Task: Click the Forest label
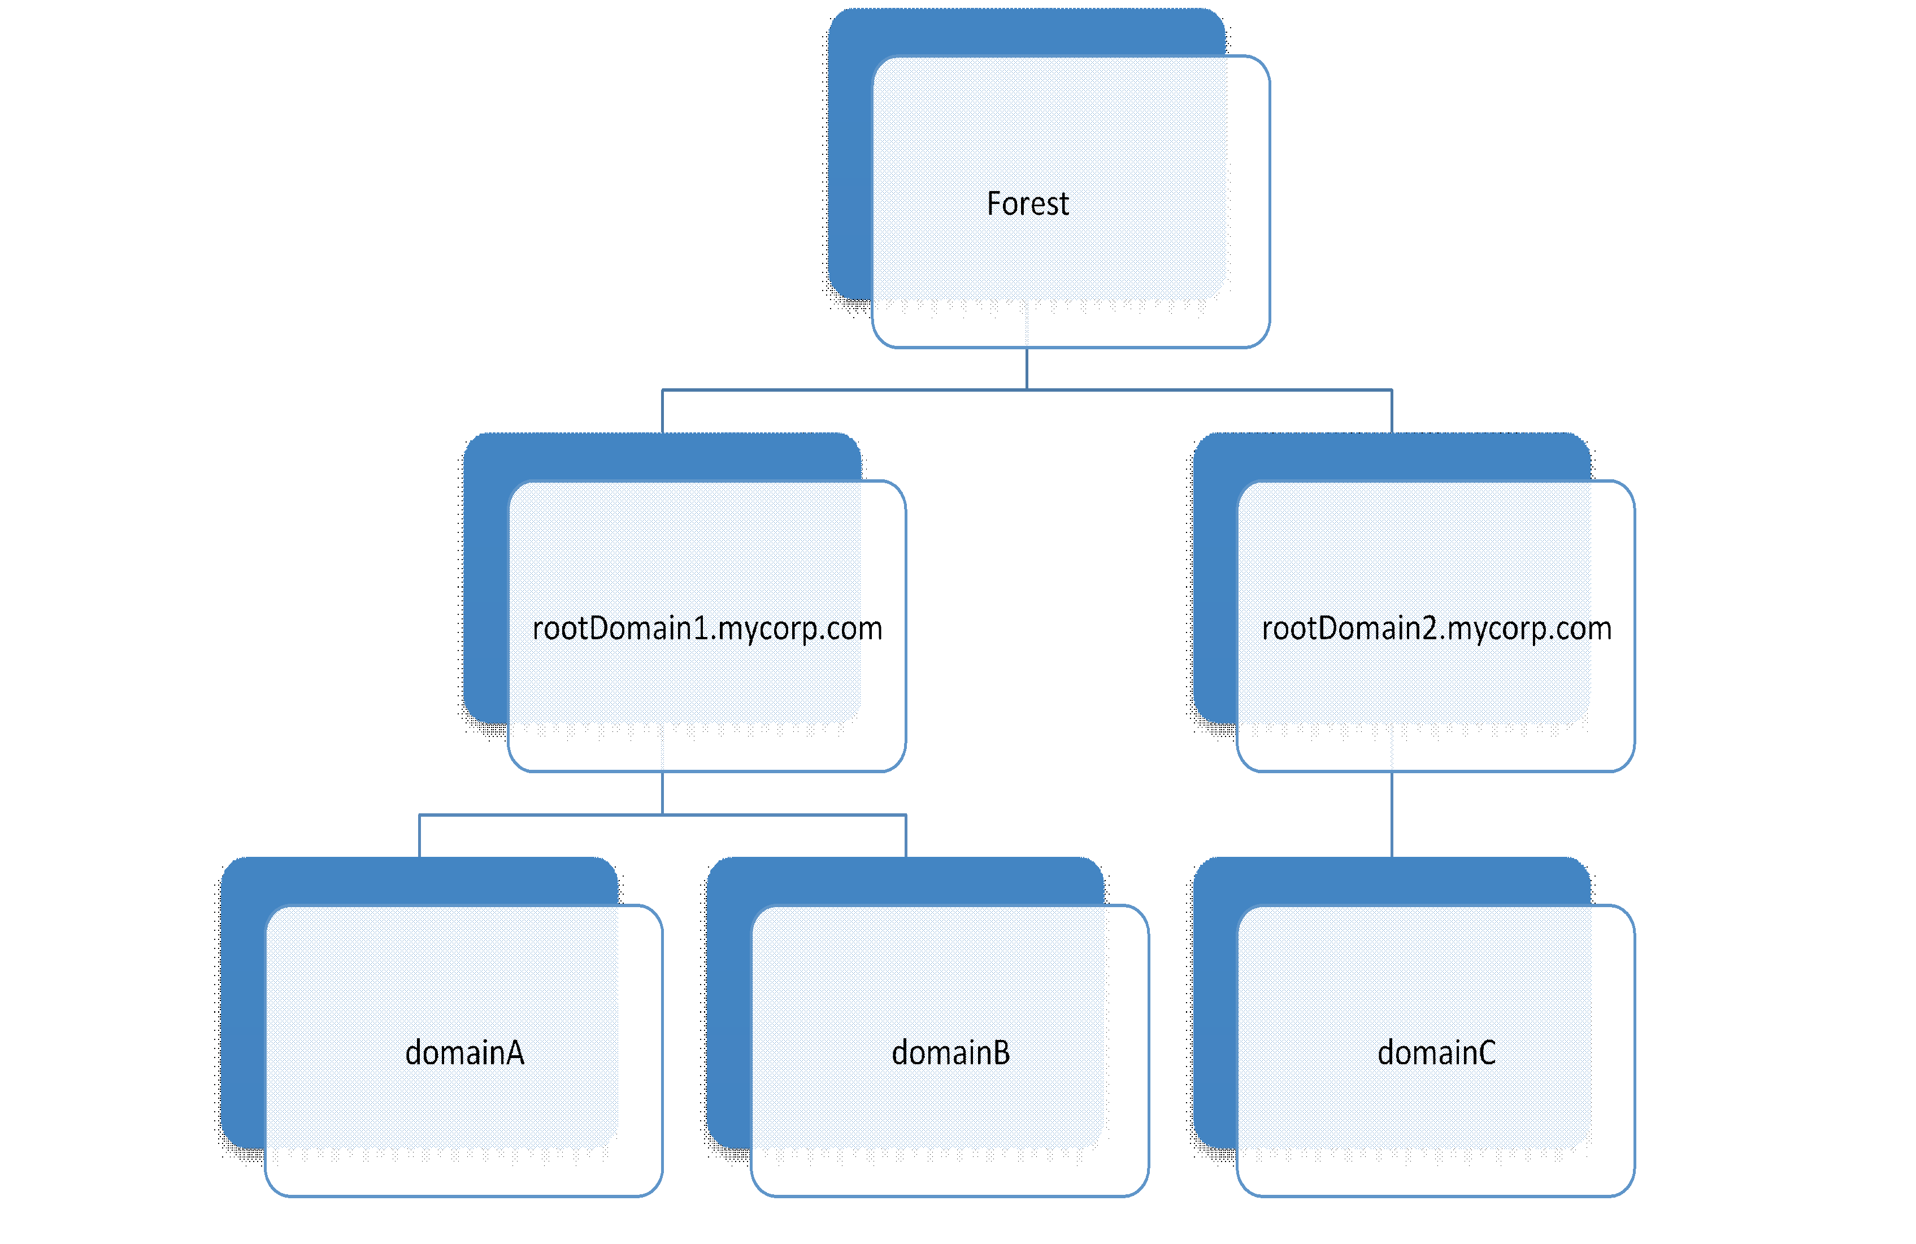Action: pos(1028,203)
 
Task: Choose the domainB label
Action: pos(951,1053)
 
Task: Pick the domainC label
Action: pos(1436,1053)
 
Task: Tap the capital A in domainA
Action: pos(514,1053)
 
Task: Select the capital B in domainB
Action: pos(1001,1053)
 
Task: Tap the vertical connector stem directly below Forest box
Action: pos(1027,369)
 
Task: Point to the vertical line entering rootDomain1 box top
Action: pos(663,411)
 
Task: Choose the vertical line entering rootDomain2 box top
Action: pos(1392,411)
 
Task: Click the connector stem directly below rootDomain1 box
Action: pos(663,793)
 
